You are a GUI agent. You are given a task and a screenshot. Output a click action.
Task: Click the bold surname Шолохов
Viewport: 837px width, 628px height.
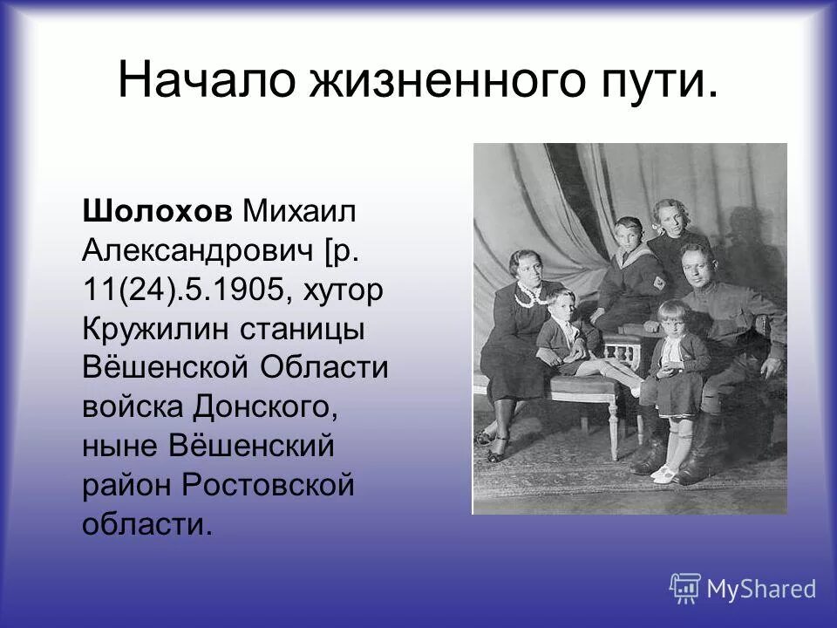[158, 211]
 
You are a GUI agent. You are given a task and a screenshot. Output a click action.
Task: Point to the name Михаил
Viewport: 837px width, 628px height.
[300, 211]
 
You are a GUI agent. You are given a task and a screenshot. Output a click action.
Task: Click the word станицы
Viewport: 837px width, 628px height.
[299, 330]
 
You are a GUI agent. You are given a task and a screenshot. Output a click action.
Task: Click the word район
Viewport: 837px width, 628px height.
[126, 485]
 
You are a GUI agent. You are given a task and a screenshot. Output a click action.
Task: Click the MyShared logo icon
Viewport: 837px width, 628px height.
[685, 587]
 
